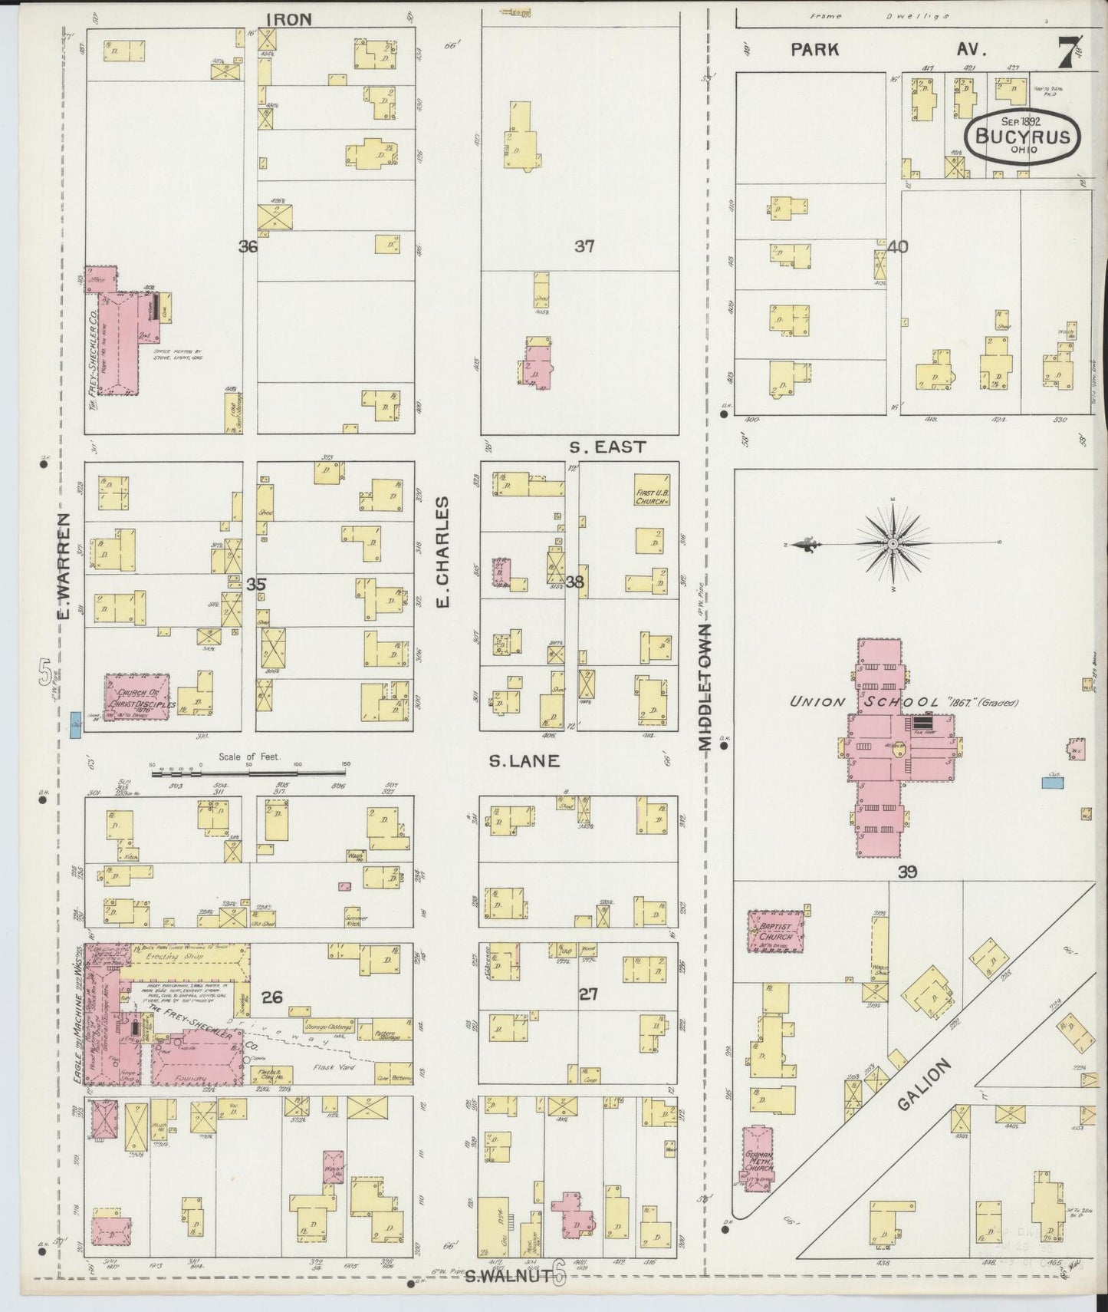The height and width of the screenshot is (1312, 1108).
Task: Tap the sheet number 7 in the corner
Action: click(x=1066, y=54)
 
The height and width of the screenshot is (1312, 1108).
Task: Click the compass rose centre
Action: click(x=893, y=544)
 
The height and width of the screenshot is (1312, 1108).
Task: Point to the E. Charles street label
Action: click(x=442, y=552)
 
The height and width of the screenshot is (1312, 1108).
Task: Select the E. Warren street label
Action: click(x=64, y=565)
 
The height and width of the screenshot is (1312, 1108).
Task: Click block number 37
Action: click(x=584, y=246)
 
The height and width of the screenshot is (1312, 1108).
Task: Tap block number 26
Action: click(x=272, y=997)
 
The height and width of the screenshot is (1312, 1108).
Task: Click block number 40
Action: click(x=898, y=246)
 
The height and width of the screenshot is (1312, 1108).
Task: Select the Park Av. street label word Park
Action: click(x=814, y=50)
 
